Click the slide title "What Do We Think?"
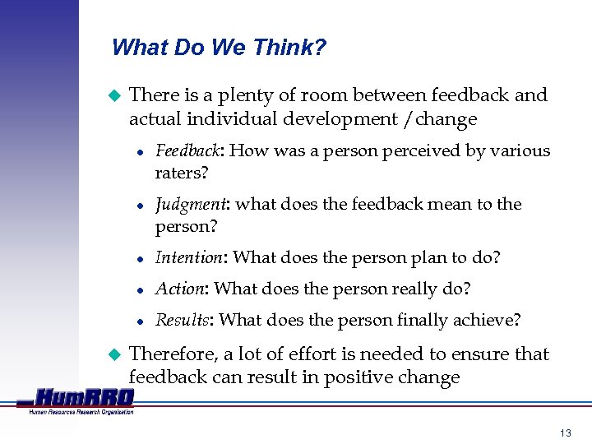click(x=219, y=48)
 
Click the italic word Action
click(x=179, y=289)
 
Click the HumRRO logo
click(x=82, y=397)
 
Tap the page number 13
click(x=564, y=432)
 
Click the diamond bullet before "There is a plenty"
click(x=115, y=95)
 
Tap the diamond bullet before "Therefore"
click(x=115, y=354)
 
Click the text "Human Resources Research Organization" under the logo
click(x=81, y=412)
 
